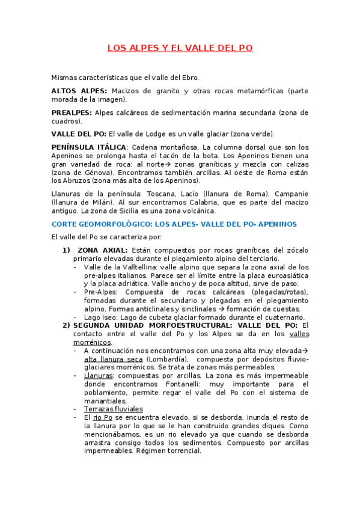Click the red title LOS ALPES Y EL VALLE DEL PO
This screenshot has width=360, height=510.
(180, 48)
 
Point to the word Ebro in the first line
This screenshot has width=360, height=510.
(189, 78)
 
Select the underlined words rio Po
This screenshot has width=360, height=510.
(103, 417)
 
